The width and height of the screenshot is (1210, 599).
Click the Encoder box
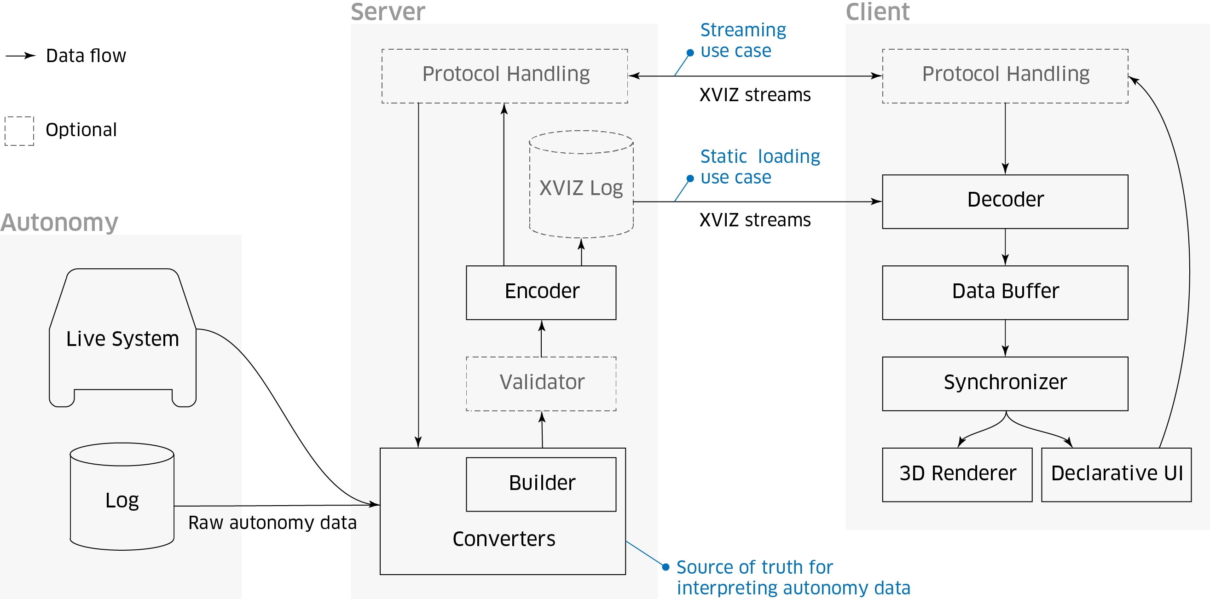[x=541, y=293]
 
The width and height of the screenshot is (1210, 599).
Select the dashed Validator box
[x=541, y=384]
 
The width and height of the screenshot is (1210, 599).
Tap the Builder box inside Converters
[x=541, y=484]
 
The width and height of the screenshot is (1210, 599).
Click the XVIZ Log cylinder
[x=581, y=188]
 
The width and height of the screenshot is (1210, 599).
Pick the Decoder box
[x=1005, y=202]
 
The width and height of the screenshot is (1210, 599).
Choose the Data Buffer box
[x=1005, y=293]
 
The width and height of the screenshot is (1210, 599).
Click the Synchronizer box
[x=1005, y=384]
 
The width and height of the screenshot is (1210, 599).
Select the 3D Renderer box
[x=957, y=475]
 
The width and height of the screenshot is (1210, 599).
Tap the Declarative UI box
[x=1116, y=475]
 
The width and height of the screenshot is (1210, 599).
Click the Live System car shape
[x=122, y=338]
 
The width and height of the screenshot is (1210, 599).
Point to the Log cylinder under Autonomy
[x=122, y=500]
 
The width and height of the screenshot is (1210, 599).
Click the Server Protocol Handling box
[x=504, y=75]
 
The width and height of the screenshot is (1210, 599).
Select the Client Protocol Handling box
[x=1005, y=75]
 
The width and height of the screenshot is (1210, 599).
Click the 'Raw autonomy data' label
[x=272, y=523]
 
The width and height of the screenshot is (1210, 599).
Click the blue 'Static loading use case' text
[x=759, y=167]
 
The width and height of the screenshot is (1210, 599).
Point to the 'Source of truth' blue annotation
[x=793, y=577]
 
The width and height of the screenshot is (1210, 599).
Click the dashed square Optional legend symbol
[x=19, y=131]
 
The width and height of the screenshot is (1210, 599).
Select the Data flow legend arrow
[x=21, y=56]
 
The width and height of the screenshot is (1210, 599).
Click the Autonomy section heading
[x=59, y=222]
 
